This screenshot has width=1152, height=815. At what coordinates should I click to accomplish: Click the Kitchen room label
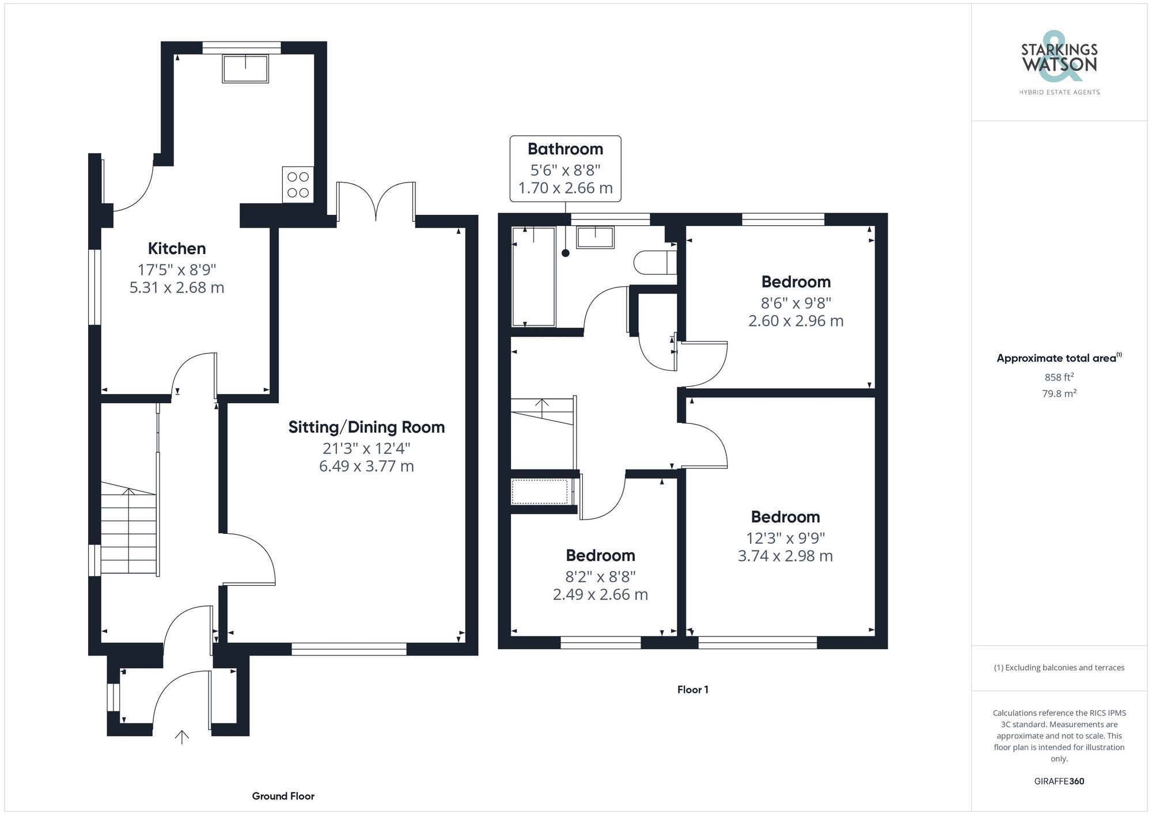coord(177,248)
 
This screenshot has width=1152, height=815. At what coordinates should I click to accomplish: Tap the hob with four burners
coord(298,185)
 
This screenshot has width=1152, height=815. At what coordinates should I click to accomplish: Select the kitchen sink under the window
coord(245,69)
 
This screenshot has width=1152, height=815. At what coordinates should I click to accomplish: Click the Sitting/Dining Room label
coord(366,427)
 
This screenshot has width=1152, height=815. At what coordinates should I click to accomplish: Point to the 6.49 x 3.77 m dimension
coord(366,466)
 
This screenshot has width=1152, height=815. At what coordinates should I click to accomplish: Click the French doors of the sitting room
coord(376,202)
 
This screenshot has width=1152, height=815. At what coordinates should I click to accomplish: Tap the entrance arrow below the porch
coord(182,737)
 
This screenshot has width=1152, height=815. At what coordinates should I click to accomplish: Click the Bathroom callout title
coord(565,149)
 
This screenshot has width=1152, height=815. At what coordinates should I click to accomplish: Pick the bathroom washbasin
coord(595,237)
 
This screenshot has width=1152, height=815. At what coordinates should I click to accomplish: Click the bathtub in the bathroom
coord(533,276)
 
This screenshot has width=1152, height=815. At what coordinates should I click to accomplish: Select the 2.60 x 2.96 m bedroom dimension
coord(795,321)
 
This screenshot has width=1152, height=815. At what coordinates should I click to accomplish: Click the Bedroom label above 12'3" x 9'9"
coord(785,517)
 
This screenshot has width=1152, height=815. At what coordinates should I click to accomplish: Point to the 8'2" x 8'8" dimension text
coord(600,576)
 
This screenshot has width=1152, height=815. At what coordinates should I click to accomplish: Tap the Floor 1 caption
coord(692,689)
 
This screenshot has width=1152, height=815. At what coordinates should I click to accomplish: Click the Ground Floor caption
coord(283,796)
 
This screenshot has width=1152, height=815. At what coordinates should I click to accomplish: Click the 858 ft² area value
coord(1059,377)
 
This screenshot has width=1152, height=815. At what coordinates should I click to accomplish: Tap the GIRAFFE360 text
coord(1059,781)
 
